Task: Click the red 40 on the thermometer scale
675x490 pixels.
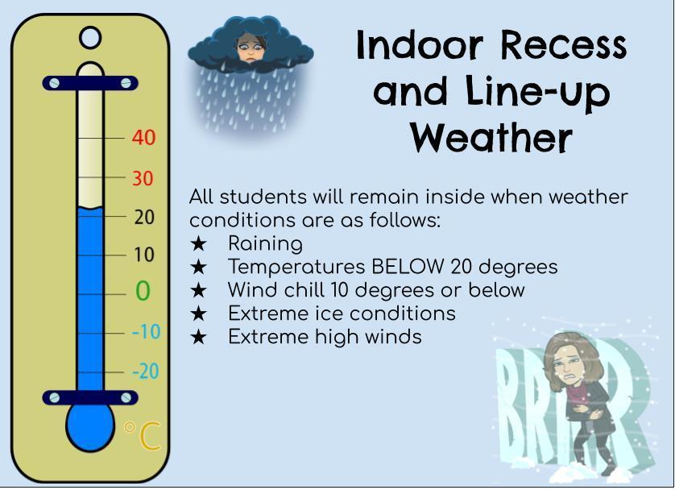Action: pos(143,138)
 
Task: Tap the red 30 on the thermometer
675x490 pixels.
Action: pos(143,178)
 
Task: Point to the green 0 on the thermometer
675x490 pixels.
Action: pos(143,291)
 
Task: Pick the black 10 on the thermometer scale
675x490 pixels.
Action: pos(143,255)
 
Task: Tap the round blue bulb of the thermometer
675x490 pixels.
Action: pos(90,426)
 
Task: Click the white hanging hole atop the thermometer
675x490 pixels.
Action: pos(90,38)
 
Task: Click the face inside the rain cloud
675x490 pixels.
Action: pos(250,46)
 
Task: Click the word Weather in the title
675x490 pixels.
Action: pos(491,137)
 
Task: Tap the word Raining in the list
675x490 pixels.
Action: pos(265,243)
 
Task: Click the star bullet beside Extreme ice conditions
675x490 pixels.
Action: pos(198,314)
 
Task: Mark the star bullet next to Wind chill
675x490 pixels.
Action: pos(198,290)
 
